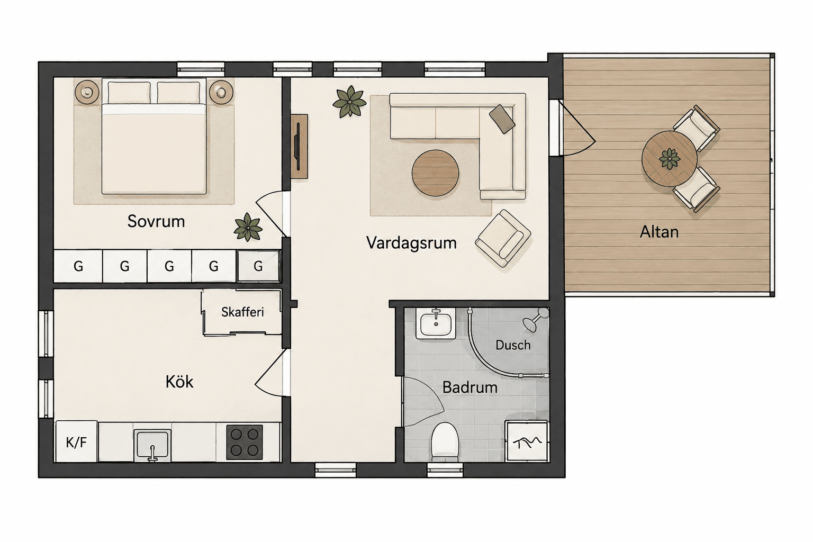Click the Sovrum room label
pos(156,221)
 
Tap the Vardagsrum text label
pos(411,243)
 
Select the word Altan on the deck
pos(659,232)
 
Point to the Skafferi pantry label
pos(242,312)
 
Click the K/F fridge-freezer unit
pos(76,441)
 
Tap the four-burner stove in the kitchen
pos(244,442)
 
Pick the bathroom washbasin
pos(436,323)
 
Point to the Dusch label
pos(513,345)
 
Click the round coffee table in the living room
pos(435,173)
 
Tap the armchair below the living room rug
pos(503,239)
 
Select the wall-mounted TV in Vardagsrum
pos(299,146)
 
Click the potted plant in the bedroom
pos(248,227)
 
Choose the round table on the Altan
pos(669,159)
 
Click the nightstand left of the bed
pos(87,92)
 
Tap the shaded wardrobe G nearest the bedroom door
pos(258,266)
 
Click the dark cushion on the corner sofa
pos(502,119)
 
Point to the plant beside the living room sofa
pos(349,102)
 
